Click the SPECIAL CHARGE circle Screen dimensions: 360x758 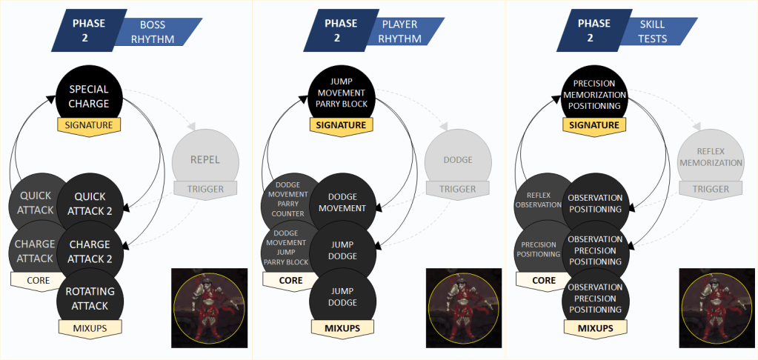[89, 96]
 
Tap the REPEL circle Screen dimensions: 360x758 [206, 160]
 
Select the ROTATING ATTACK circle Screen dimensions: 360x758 [90, 299]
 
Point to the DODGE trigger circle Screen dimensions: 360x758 [459, 160]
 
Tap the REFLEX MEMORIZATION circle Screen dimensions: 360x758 [712, 156]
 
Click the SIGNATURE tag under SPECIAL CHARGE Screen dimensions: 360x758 [89, 125]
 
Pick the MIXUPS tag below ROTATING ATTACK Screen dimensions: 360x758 [90, 327]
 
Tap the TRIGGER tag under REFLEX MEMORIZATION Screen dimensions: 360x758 [711, 189]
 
